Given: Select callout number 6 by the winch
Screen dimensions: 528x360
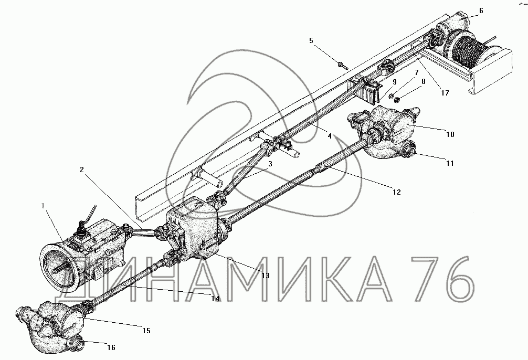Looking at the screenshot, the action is pos(481,10).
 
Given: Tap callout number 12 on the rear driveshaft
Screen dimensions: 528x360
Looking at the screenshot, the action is pos(396,193).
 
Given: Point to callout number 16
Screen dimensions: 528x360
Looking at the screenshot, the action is pos(111,347).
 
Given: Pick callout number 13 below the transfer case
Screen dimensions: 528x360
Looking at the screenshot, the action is pos(266,275).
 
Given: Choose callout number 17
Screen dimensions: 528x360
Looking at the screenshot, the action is pos(445,93).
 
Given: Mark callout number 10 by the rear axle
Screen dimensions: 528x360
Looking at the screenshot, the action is pos(450,134).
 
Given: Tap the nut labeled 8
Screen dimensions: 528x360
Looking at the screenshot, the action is pos(397,97).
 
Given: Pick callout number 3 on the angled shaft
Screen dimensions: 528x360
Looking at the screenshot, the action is pos(269,164).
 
